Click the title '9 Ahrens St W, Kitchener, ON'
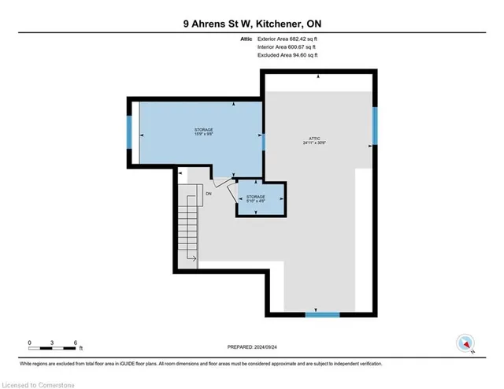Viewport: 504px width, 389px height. [251, 24]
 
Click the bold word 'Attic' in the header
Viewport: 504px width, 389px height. [246, 39]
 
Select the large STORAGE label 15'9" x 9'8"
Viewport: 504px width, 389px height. [204, 132]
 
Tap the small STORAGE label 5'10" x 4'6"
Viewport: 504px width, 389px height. [255, 198]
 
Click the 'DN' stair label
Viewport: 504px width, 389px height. [209, 193]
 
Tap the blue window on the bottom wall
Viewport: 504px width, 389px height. [322, 314]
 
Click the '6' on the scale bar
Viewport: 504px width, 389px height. [75, 342]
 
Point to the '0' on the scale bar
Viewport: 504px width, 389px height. [30, 342]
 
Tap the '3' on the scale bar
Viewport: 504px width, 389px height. [52, 342]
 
